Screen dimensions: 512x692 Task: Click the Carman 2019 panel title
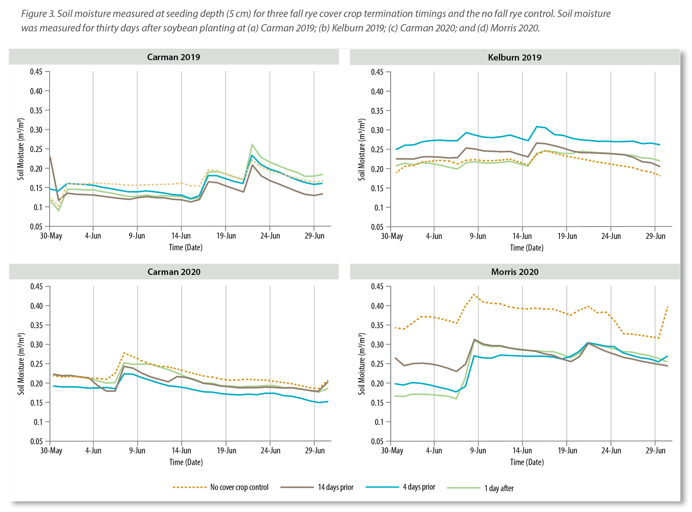point(173,57)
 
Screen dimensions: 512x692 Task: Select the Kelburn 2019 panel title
point(514,57)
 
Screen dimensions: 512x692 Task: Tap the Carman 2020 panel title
point(174,272)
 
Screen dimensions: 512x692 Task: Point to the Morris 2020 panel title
point(514,272)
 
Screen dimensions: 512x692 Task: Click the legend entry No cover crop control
point(239,487)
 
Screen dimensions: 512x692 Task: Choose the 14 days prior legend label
point(335,487)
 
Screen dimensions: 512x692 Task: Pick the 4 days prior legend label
point(419,487)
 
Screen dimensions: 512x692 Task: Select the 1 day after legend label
point(499,488)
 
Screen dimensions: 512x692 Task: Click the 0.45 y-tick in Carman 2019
point(36,71)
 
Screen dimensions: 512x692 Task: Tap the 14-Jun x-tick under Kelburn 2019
point(522,236)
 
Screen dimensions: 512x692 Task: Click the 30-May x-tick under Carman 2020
point(51,451)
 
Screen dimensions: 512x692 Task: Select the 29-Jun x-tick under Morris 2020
point(655,451)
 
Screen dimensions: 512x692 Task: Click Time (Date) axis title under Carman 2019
point(185,248)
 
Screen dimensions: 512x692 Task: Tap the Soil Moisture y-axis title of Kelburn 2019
point(362,149)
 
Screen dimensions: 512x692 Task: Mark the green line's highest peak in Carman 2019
point(252,144)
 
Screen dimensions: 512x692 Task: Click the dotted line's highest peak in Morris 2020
point(474,294)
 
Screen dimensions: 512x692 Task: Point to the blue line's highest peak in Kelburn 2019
point(537,126)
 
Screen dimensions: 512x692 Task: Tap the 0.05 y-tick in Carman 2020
point(37,441)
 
